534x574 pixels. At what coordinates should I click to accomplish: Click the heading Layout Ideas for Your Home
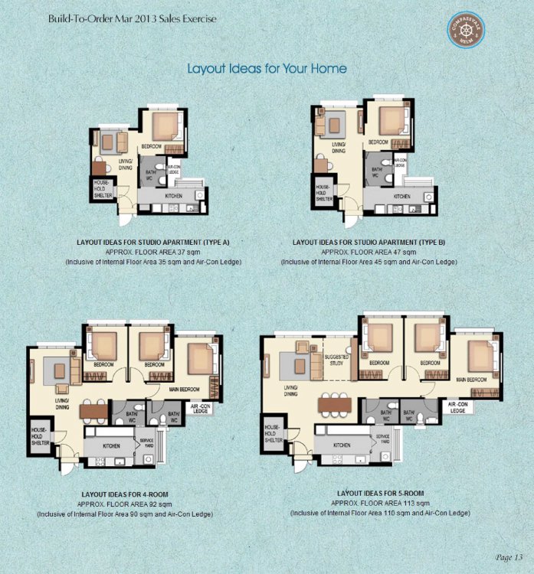(x=267, y=69)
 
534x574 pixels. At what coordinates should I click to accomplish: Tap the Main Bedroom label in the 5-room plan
(x=471, y=380)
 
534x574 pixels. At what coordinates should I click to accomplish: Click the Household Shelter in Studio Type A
(x=102, y=189)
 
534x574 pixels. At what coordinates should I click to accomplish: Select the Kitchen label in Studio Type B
(x=401, y=196)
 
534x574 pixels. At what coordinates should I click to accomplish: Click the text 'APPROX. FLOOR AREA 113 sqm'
(x=380, y=503)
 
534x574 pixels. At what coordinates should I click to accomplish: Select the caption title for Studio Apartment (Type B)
(x=369, y=242)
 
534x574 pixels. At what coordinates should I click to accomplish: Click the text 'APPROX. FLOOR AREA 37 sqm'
(x=153, y=252)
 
